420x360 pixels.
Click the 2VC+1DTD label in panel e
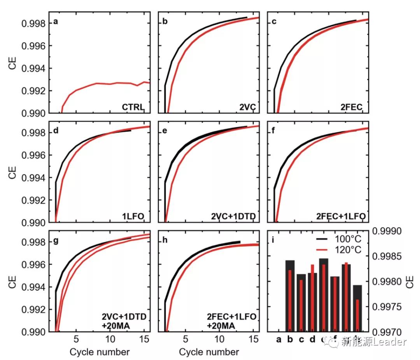[233, 216]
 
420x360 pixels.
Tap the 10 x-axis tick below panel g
[110, 339]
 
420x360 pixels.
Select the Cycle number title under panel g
[100, 352]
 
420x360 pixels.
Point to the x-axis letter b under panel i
[290, 340]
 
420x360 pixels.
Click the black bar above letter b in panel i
[290, 296]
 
